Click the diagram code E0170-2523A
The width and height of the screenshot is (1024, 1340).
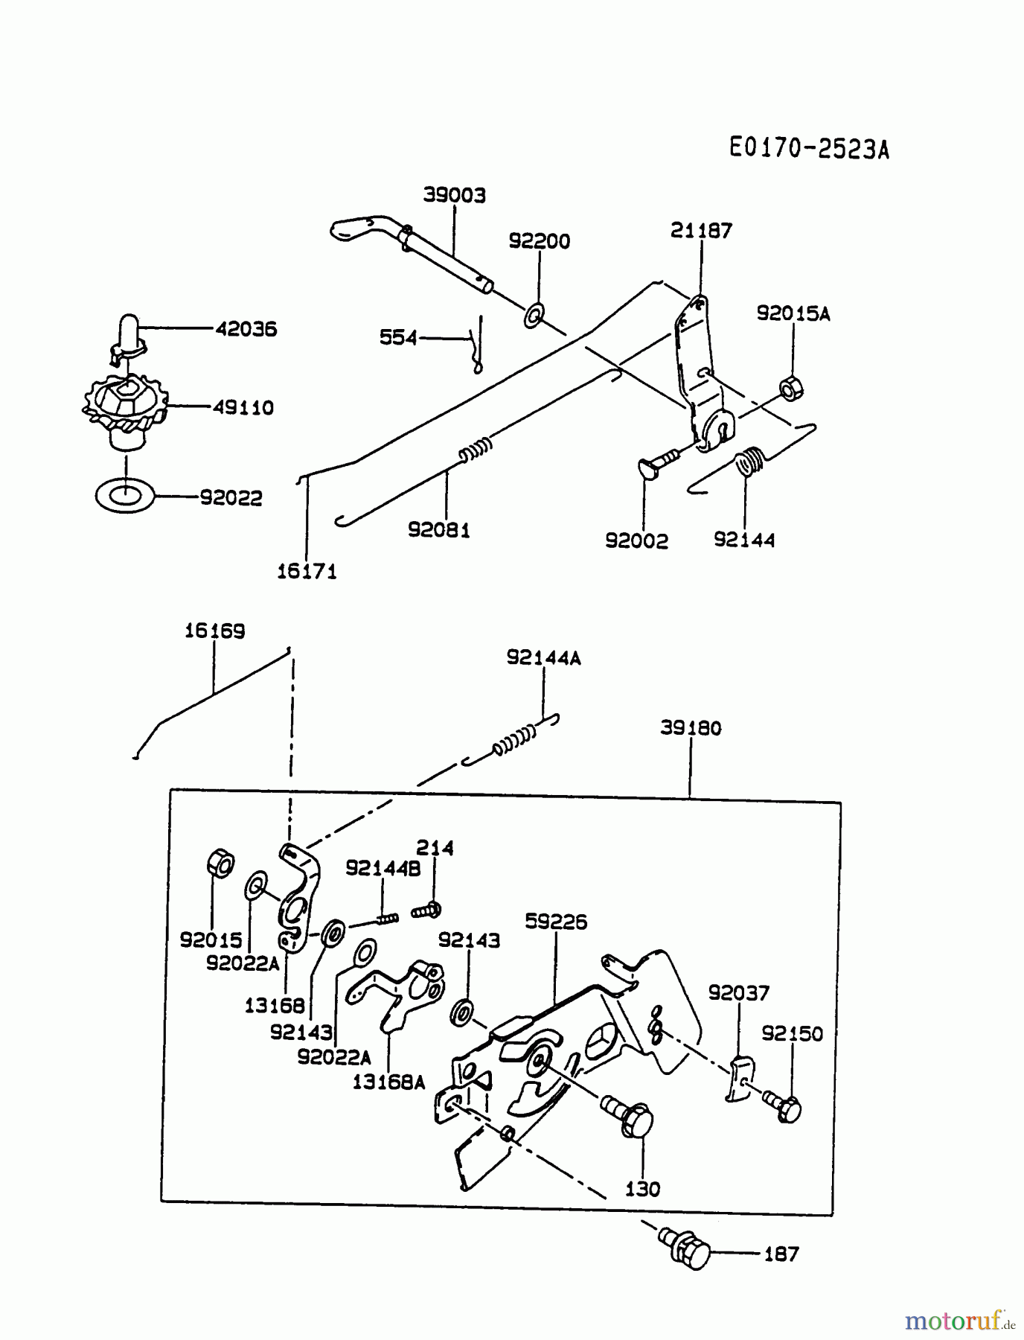click(808, 149)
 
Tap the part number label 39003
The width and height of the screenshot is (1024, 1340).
click(454, 195)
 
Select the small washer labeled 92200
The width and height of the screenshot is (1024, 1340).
click(534, 316)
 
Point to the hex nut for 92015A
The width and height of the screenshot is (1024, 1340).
click(790, 389)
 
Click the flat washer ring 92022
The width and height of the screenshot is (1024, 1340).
click(125, 496)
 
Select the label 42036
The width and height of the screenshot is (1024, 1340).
click(246, 328)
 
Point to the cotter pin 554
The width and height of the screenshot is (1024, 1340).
click(477, 343)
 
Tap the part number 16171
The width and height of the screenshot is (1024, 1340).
click(307, 572)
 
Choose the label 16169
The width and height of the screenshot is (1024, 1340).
click(214, 631)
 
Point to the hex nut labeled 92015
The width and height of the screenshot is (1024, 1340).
click(220, 864)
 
